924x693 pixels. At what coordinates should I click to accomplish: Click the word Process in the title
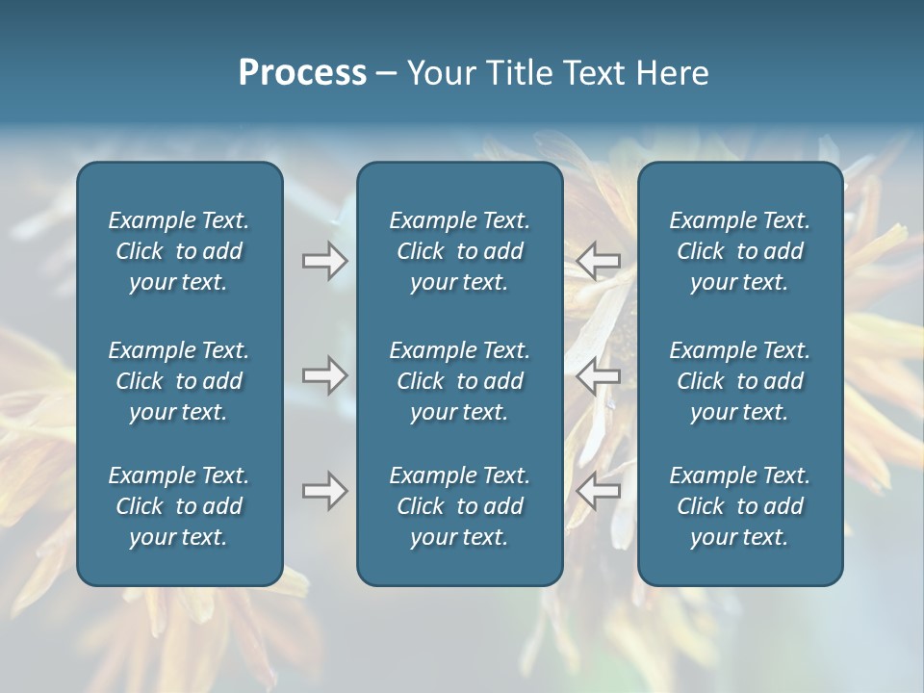(302, 73)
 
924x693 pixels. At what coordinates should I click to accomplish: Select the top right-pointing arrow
(325, 261)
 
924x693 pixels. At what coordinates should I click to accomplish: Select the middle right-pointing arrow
(325, 375)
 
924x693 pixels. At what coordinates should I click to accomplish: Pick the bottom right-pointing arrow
(325, 491)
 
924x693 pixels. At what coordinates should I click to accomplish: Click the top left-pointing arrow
(599, 261)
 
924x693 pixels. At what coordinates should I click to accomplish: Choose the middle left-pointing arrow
(599, 375)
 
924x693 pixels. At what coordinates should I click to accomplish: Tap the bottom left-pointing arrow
(599, 491)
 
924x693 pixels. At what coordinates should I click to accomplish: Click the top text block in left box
(179, 251)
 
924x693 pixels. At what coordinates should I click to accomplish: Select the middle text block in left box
(179, 381)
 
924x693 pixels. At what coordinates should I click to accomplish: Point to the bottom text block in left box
(179, 506)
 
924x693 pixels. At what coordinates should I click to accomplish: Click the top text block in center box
(459, 251)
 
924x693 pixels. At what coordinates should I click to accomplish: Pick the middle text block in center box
(459, 381)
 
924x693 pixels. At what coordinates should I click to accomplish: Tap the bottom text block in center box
(459, 506)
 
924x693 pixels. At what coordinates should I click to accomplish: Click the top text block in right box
(739, 251)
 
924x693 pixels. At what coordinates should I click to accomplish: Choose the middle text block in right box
(739, 381)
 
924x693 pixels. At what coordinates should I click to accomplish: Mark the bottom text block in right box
(739, 506)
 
